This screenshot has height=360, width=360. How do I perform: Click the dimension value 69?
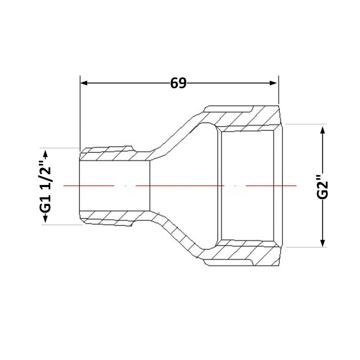pyautogui.click(x=178, y=83)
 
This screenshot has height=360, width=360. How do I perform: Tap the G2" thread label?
pyautogui.click(x=322, y=187)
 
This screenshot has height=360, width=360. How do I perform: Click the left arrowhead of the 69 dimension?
pyautogui.click(x=84, y=83)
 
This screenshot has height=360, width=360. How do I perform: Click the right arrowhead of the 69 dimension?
pyautogui.click(x=273, y=83)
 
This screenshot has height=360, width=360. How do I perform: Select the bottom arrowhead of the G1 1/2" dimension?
pyautogui.click(x=45, y=219)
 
